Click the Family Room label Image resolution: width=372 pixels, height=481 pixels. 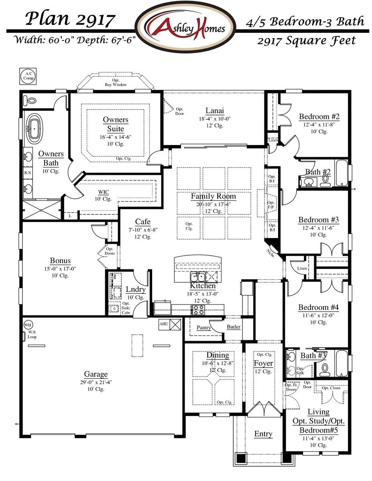(x=213, y=196)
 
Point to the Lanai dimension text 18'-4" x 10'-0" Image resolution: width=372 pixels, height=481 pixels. (x=215, y=119)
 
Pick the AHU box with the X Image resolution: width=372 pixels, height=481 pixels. (x=175, y=324)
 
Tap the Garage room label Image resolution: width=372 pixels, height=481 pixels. (x=96, y=374)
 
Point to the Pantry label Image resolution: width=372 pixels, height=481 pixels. (x=204, y=327)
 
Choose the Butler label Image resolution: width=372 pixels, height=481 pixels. (x=234, y=327)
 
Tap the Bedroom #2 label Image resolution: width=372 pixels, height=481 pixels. (x=319, y=117)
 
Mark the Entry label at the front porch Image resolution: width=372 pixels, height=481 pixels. (x=263, y=434)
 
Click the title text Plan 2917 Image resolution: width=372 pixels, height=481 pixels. (x=71, y=19)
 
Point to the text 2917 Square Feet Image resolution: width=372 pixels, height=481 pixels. (x=306, y=40)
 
